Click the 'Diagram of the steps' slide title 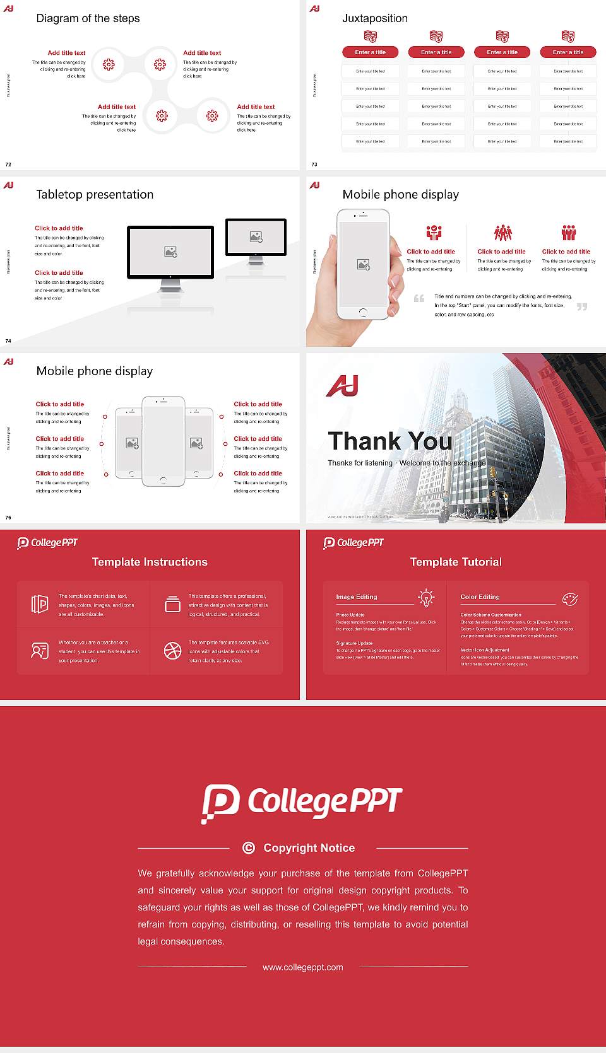point(88,18)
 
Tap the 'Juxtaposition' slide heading point(374,18)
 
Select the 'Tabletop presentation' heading point(95,194)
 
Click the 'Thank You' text point(389,441)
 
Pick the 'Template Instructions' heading point(150,562)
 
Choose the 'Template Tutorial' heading point(456,562)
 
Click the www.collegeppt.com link point(303,967)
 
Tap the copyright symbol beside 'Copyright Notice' point(249,848)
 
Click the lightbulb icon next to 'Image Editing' point(427,598)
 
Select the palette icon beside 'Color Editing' point(570,598)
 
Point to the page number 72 point(8,165)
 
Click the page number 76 point(8,518)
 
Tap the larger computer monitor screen point(170,252)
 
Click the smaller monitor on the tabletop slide point(256,237)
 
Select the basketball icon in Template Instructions point(172,651)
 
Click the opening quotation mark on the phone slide point(419,299)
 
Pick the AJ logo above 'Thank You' point(343,386)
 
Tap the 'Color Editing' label point(480,596)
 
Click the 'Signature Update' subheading point(354,643)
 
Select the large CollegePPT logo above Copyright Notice point(302,803)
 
